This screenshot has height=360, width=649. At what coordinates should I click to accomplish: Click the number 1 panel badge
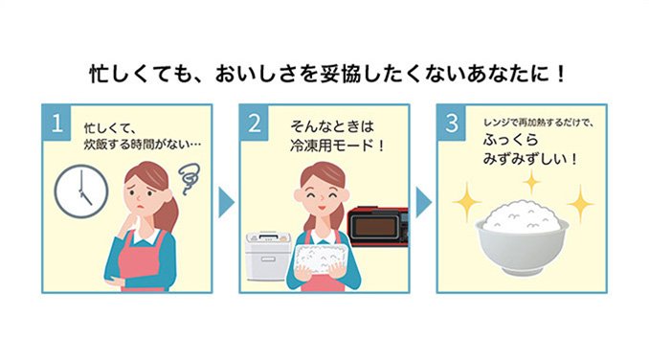pyautogui.click(x=56, y=123)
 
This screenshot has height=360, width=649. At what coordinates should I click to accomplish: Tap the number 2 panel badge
pyautogui.click(x=254, y=123)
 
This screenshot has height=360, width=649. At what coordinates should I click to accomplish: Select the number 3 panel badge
pyautogui.click(x=452, y=123)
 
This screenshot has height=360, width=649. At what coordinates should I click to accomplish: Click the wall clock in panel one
pyautogui.click(x=81, y=191)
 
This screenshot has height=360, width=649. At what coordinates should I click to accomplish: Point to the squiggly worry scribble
pyautogui.click(x=190, y=178)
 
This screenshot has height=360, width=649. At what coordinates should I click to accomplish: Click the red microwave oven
pyautogui.click(x=377, y=226)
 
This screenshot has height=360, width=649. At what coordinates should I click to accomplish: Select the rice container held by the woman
pyautogui.click(x=318, y=259)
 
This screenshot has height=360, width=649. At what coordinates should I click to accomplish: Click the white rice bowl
pyautogui.click(x=522, y=238)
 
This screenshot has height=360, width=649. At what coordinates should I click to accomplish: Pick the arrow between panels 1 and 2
pyautogui.click(x=226, y=202)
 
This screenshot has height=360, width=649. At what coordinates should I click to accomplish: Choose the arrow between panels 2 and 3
pyautogui.click(x=423, y=202)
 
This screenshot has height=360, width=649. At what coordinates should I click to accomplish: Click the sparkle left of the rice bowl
pyautogui.click(x=467, y=202)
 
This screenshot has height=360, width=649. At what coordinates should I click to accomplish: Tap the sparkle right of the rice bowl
pyautogui.click(x=580, y=204)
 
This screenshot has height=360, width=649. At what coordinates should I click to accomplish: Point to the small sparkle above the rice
pyautogui.click(x=531, y=182)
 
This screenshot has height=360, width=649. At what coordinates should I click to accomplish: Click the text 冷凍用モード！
pyautogui.click(x=337, y=146)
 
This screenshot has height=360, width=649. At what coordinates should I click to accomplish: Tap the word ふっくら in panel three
pyautogui.click(x=510, y=140)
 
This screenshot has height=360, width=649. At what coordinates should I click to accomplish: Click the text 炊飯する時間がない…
pyautogui.click(x=143, y=145)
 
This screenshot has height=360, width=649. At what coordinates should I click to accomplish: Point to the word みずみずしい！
pyautogui.click(x=529, y=159)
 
